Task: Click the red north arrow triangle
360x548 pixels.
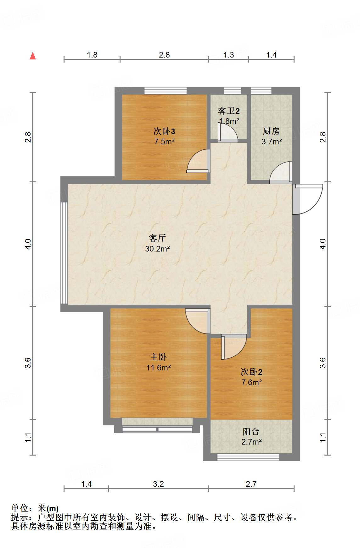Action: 33,56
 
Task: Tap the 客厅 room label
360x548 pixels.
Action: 157,238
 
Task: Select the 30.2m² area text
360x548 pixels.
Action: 157,249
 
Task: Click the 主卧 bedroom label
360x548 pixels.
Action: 158,357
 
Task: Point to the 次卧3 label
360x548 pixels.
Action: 164,131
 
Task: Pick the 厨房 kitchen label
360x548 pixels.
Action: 271,131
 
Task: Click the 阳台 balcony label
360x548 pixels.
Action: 251,431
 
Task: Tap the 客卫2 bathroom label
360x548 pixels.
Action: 229,111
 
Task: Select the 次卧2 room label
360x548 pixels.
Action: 251,372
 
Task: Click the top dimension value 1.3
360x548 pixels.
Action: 229,55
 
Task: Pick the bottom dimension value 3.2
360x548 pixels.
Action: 158,484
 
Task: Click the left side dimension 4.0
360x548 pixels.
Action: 28,244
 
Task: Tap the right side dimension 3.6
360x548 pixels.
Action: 323,363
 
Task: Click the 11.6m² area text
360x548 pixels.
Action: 158,368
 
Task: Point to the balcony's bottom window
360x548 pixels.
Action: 248,457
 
